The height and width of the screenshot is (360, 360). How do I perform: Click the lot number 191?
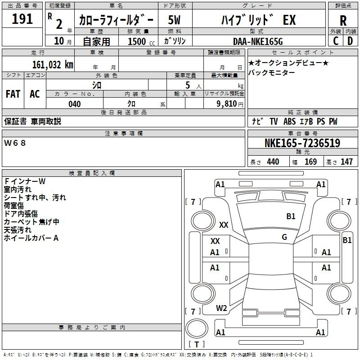[22, 19]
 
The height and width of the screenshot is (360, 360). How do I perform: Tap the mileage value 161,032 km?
[53, 65]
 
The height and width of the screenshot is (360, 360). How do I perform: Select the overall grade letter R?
[343, 20]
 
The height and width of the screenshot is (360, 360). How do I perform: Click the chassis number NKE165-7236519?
[302, 143]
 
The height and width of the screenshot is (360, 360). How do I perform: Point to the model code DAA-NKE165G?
[258, 41]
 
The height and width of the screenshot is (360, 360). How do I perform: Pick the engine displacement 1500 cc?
[141, 42]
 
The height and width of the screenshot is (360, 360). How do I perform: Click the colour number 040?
[74, 104]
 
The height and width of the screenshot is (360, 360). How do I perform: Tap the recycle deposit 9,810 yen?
[230, 104]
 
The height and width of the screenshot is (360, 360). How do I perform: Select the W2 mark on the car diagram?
[221, 308]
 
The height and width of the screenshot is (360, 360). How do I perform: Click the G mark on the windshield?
[284, 237]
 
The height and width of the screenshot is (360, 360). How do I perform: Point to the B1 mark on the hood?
[291, 216]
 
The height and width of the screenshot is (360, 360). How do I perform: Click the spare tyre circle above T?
[197, 328]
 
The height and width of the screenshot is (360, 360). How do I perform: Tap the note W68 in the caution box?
[15, 143]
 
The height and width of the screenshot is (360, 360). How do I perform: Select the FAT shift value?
[13, 94]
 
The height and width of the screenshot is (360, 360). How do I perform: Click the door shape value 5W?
[174, 20]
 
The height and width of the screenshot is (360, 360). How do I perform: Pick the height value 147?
[346, 162]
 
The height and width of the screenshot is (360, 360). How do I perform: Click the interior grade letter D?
[350, 41]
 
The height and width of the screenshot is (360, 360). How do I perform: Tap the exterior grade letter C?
[336, 41]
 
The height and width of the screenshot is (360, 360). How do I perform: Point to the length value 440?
[273, 162]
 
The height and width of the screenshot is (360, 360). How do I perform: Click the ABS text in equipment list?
[289, 121]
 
